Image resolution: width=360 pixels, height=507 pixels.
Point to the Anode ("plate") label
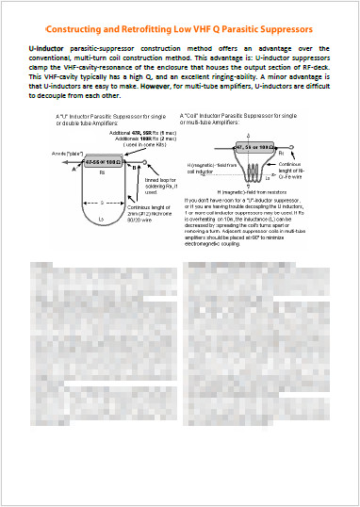48,153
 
